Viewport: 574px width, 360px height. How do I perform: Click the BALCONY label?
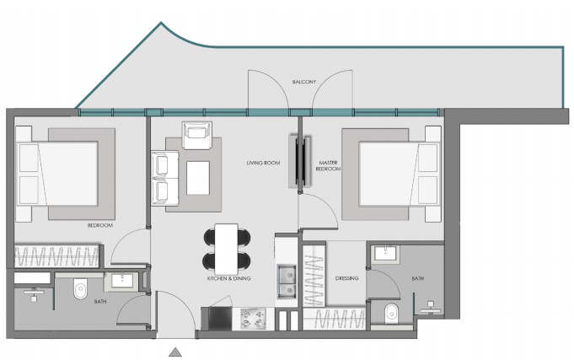click(303, 82)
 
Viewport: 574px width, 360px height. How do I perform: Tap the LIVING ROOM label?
click(263, 163)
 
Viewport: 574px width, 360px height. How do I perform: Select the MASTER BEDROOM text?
click(328, 165)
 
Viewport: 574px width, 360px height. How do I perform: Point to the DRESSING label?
click(346, 278)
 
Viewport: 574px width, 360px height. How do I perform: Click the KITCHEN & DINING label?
click(228, 278)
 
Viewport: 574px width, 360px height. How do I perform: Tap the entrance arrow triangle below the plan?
click(175, 352)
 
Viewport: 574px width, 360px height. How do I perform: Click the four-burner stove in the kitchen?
click(254, 319)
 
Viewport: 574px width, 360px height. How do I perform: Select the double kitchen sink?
click(287, 281)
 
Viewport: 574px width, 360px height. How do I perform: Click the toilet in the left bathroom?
click(80, 288)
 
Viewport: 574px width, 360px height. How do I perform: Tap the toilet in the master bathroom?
click(391, 314)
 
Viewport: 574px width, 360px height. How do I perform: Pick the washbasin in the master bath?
click(385, 253)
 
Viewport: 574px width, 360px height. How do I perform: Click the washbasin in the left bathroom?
click(122, 280)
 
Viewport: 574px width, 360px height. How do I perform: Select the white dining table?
click(227, 249)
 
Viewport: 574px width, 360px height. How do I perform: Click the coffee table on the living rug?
click(198, 178)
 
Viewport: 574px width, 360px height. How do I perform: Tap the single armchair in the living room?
click(197, 135)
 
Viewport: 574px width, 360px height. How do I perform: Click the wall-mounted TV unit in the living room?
click(300, 161)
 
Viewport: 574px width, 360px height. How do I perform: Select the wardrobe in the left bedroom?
click(56, 255)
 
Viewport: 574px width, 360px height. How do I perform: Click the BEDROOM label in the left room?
click(100, 225)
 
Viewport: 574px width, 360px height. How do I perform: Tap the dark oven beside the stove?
click(220, 319)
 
